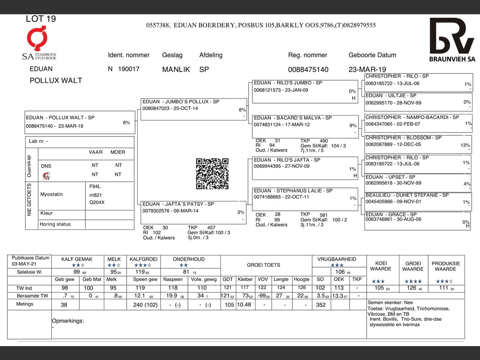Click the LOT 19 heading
[x=41, y=19]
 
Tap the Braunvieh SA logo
[x=452, y=40]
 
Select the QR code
[x=212, y=174]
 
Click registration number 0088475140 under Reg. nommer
[x=308, y=69]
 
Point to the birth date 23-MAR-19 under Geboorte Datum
[x=367, y=69]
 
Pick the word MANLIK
[x=176, y=69]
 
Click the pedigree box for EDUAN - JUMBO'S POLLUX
[x=193, y=109]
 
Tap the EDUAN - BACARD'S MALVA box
[x=305, y=126]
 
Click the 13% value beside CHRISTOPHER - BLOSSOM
[x=465, y=145]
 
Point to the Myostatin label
[x=52, y=194]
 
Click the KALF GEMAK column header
[x=77, y=259]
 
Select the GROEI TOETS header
[x=263, y=265]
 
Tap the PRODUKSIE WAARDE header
[x=445, y=266]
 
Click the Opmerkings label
[x=68, y=321]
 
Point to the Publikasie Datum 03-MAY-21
[x=30, y=261]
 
